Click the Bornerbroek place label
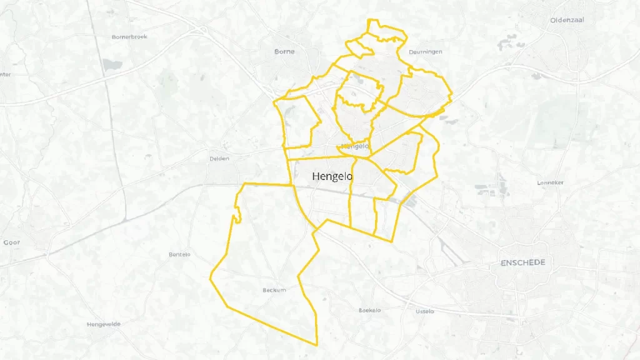pos(129,37)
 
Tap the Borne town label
pos(284,51)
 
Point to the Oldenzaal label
pos(567,20)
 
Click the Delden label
pos(219,159)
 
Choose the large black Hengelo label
pos(332,177)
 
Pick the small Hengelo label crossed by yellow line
pos(355,146)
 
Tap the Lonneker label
pos(551,182)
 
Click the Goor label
pos(12,242)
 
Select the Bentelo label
pos(179,254)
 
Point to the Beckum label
pos(274,290)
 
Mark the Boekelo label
pos(369,311)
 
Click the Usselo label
pos(425,311)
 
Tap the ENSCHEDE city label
pos(522,262)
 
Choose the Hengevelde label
pos(104,324)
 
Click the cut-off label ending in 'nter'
pos(5,74)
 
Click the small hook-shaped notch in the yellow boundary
pos(237,217)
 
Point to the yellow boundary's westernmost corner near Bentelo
pos(211,275)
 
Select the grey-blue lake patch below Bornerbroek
pos(112,65)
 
